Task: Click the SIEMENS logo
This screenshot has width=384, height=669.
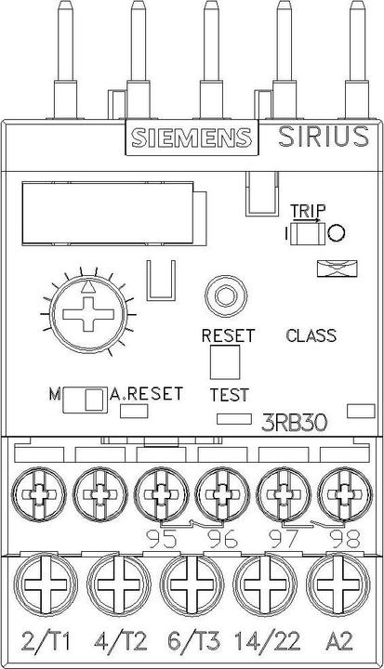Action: [x=192, y=138]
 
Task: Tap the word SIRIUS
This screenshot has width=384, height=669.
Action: [x=324, y=137]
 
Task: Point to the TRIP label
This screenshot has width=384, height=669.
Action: [x=308, y=211]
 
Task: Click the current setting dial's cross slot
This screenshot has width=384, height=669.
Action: [x=88, y=314]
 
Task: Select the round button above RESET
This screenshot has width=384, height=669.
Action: [x=226, y=295]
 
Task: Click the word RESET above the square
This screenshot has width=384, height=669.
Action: [x=228, y=335]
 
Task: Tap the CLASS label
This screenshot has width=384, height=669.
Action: [x=311, y=335]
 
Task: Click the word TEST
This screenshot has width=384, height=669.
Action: [x=230, y=395]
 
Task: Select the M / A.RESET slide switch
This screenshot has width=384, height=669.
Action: [x=85, y=400]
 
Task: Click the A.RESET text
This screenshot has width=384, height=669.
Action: [x=147, y=393]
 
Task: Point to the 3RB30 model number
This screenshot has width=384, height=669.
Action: [x=295, y=423]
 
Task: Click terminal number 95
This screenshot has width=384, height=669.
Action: [x=162, y=539]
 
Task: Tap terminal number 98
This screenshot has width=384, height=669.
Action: [x=346, y=539]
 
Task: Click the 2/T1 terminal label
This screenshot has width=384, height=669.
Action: [x=46, y=641]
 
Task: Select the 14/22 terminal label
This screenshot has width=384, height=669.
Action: [x=267, y=641]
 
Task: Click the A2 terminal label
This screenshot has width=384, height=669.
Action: [x=340, y=641]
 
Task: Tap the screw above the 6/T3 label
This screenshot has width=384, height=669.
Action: [x=192, y=585]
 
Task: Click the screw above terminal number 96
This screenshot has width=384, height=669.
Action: [x=222, y=495]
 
